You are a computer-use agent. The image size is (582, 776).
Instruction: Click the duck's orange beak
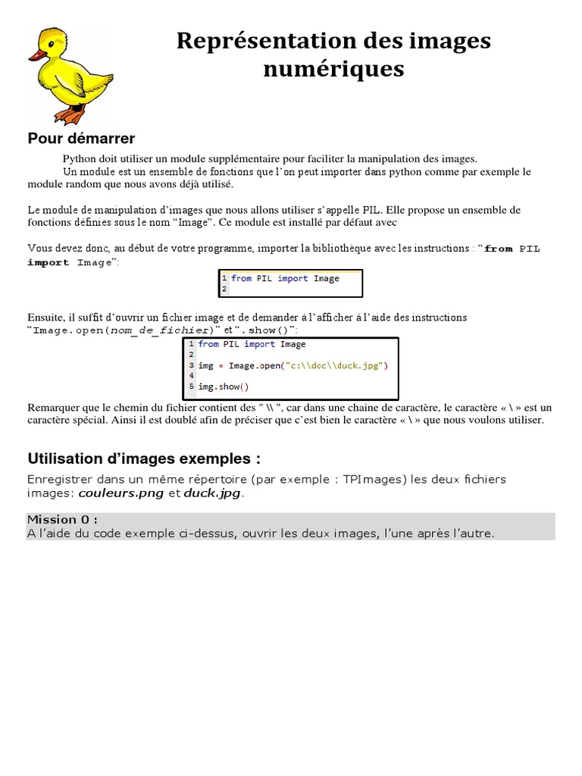pyautogui.click(x=36, y=55)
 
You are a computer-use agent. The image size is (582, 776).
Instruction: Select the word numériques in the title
pyautogui.click(x=333, y=69)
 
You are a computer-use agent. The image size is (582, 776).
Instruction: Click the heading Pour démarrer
pyautogui.click(x=81, y=139)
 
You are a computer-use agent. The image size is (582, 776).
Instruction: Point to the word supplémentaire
pyautogui.click(x=246, y=159)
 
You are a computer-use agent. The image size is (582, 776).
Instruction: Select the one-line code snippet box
pyautogui.click(x=290, y=283)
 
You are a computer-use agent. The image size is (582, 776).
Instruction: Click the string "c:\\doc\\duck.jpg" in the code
pyautogui.click(x=334, y=366)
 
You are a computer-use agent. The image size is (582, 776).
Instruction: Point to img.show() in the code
pyautogui.click(x=218, y=387)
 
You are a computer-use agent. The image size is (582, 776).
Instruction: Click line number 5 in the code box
pyautogui.click(x=192, y=387)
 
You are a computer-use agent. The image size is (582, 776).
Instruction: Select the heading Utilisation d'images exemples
pyautogui.click(x=144, y=458)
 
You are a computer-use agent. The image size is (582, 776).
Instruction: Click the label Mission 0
pyautogui.click(x=62, y=519)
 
